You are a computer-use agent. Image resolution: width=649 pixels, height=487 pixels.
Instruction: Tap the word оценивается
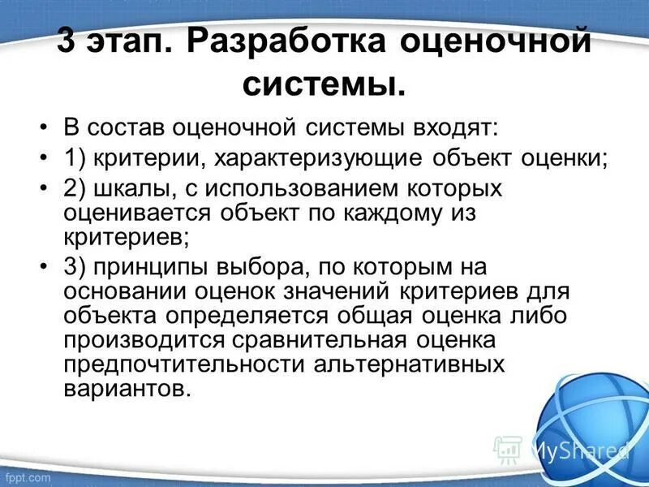[x=138, y=213]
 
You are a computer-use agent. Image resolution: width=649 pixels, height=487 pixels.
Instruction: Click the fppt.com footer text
[x=28, y=477]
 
